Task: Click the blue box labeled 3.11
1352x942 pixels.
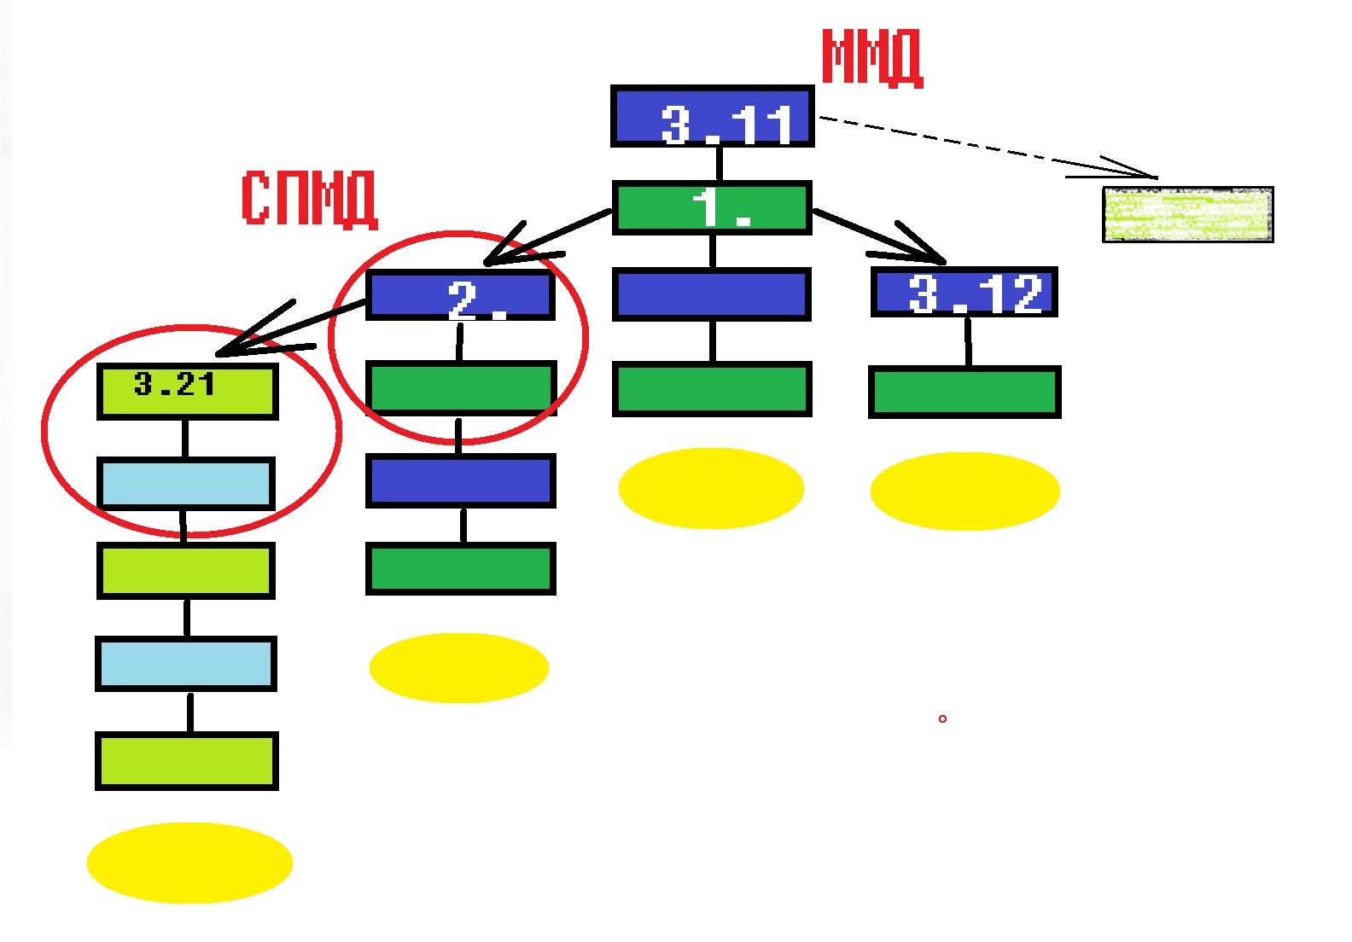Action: pyautogui.click(x=713, y=116)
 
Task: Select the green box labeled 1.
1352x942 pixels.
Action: pyautogui.click(x=712, y=207)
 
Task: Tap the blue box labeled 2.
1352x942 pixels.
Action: pyautogui.click(x=460, y=295)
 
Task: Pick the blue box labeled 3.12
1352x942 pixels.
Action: pyautogui.click(x=964, y=293)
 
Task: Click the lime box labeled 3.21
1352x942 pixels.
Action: pyautogui.click(x=187, y=391)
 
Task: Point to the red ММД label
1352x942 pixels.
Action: pyautogui.click(x=871, y=58)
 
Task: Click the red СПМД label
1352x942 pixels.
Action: pyautogui.click(x=309, y=199)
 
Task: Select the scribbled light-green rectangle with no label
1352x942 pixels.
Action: pyautogui.click(x=1187, y=215)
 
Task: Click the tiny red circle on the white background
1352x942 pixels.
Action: pyautogui.click(x=942, y=718)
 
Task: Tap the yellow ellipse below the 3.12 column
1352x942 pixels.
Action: pyautogui.click(x=964, y=491)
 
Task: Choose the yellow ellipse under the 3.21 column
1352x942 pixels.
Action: pyautogui.click(x=189, y=862)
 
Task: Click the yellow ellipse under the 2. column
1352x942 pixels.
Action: pyautogui.click(x=458, y=667)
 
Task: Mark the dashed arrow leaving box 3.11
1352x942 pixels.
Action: pyautogui.click(x=982, y=147)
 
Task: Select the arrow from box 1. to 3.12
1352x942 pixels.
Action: pyautogui.click(x=879, y=236)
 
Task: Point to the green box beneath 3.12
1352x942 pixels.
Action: pyautogui.click(x=964, y=392)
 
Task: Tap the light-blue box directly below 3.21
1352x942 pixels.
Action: pyautogui.click(x=186, y=484)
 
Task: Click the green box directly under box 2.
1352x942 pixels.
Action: pyautogui.click(x=461, y=388)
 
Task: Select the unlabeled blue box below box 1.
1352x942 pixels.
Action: pyautogui.click(x=711, y=294)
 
